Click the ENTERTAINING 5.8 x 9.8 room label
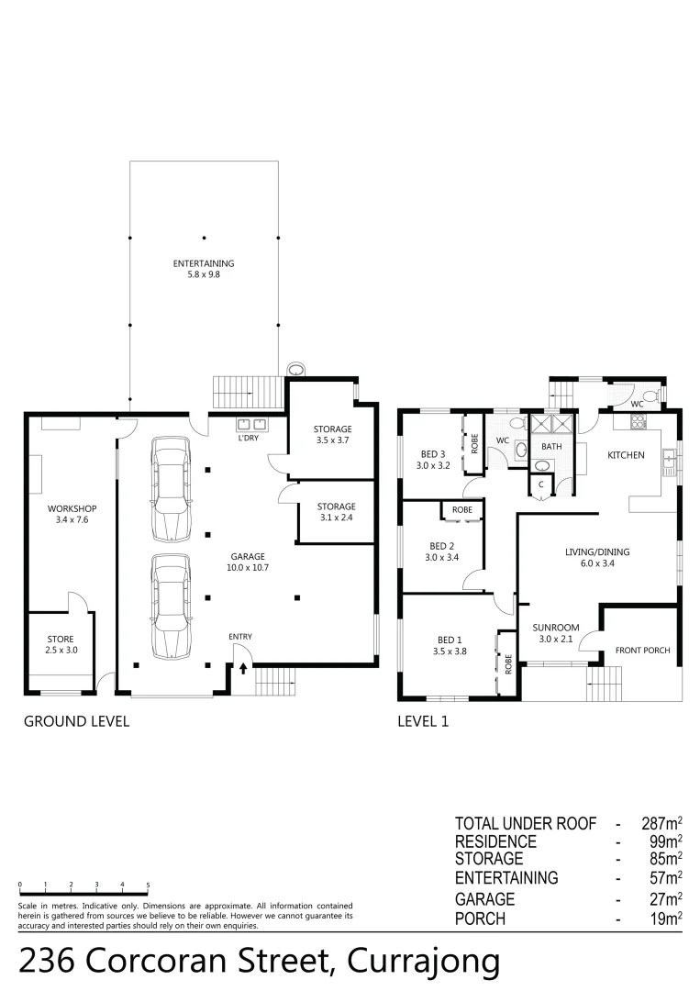click(x=204, y=269)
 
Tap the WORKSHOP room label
click(x=72, y=514)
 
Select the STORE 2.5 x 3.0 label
click(x=60, y=644)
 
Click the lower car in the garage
click(x=172, y=607)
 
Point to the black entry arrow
click(x=243, y=668)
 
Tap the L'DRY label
click(x=248, y=438)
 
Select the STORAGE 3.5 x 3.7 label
click(x=332, y=434)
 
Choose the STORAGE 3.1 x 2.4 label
click(x=336, y=512)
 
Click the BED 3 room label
click(x=432, y=459)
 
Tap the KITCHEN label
click(x=626, y=455)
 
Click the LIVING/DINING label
click(x=596, y=558)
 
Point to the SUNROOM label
click(x=556, y=633)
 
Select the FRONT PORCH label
click(x=642, y=650)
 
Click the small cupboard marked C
click(x=541, y=484)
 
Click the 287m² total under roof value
click(x=661, y=823)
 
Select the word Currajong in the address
click(x=421, y=962)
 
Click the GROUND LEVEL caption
click(x=76, y=721)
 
